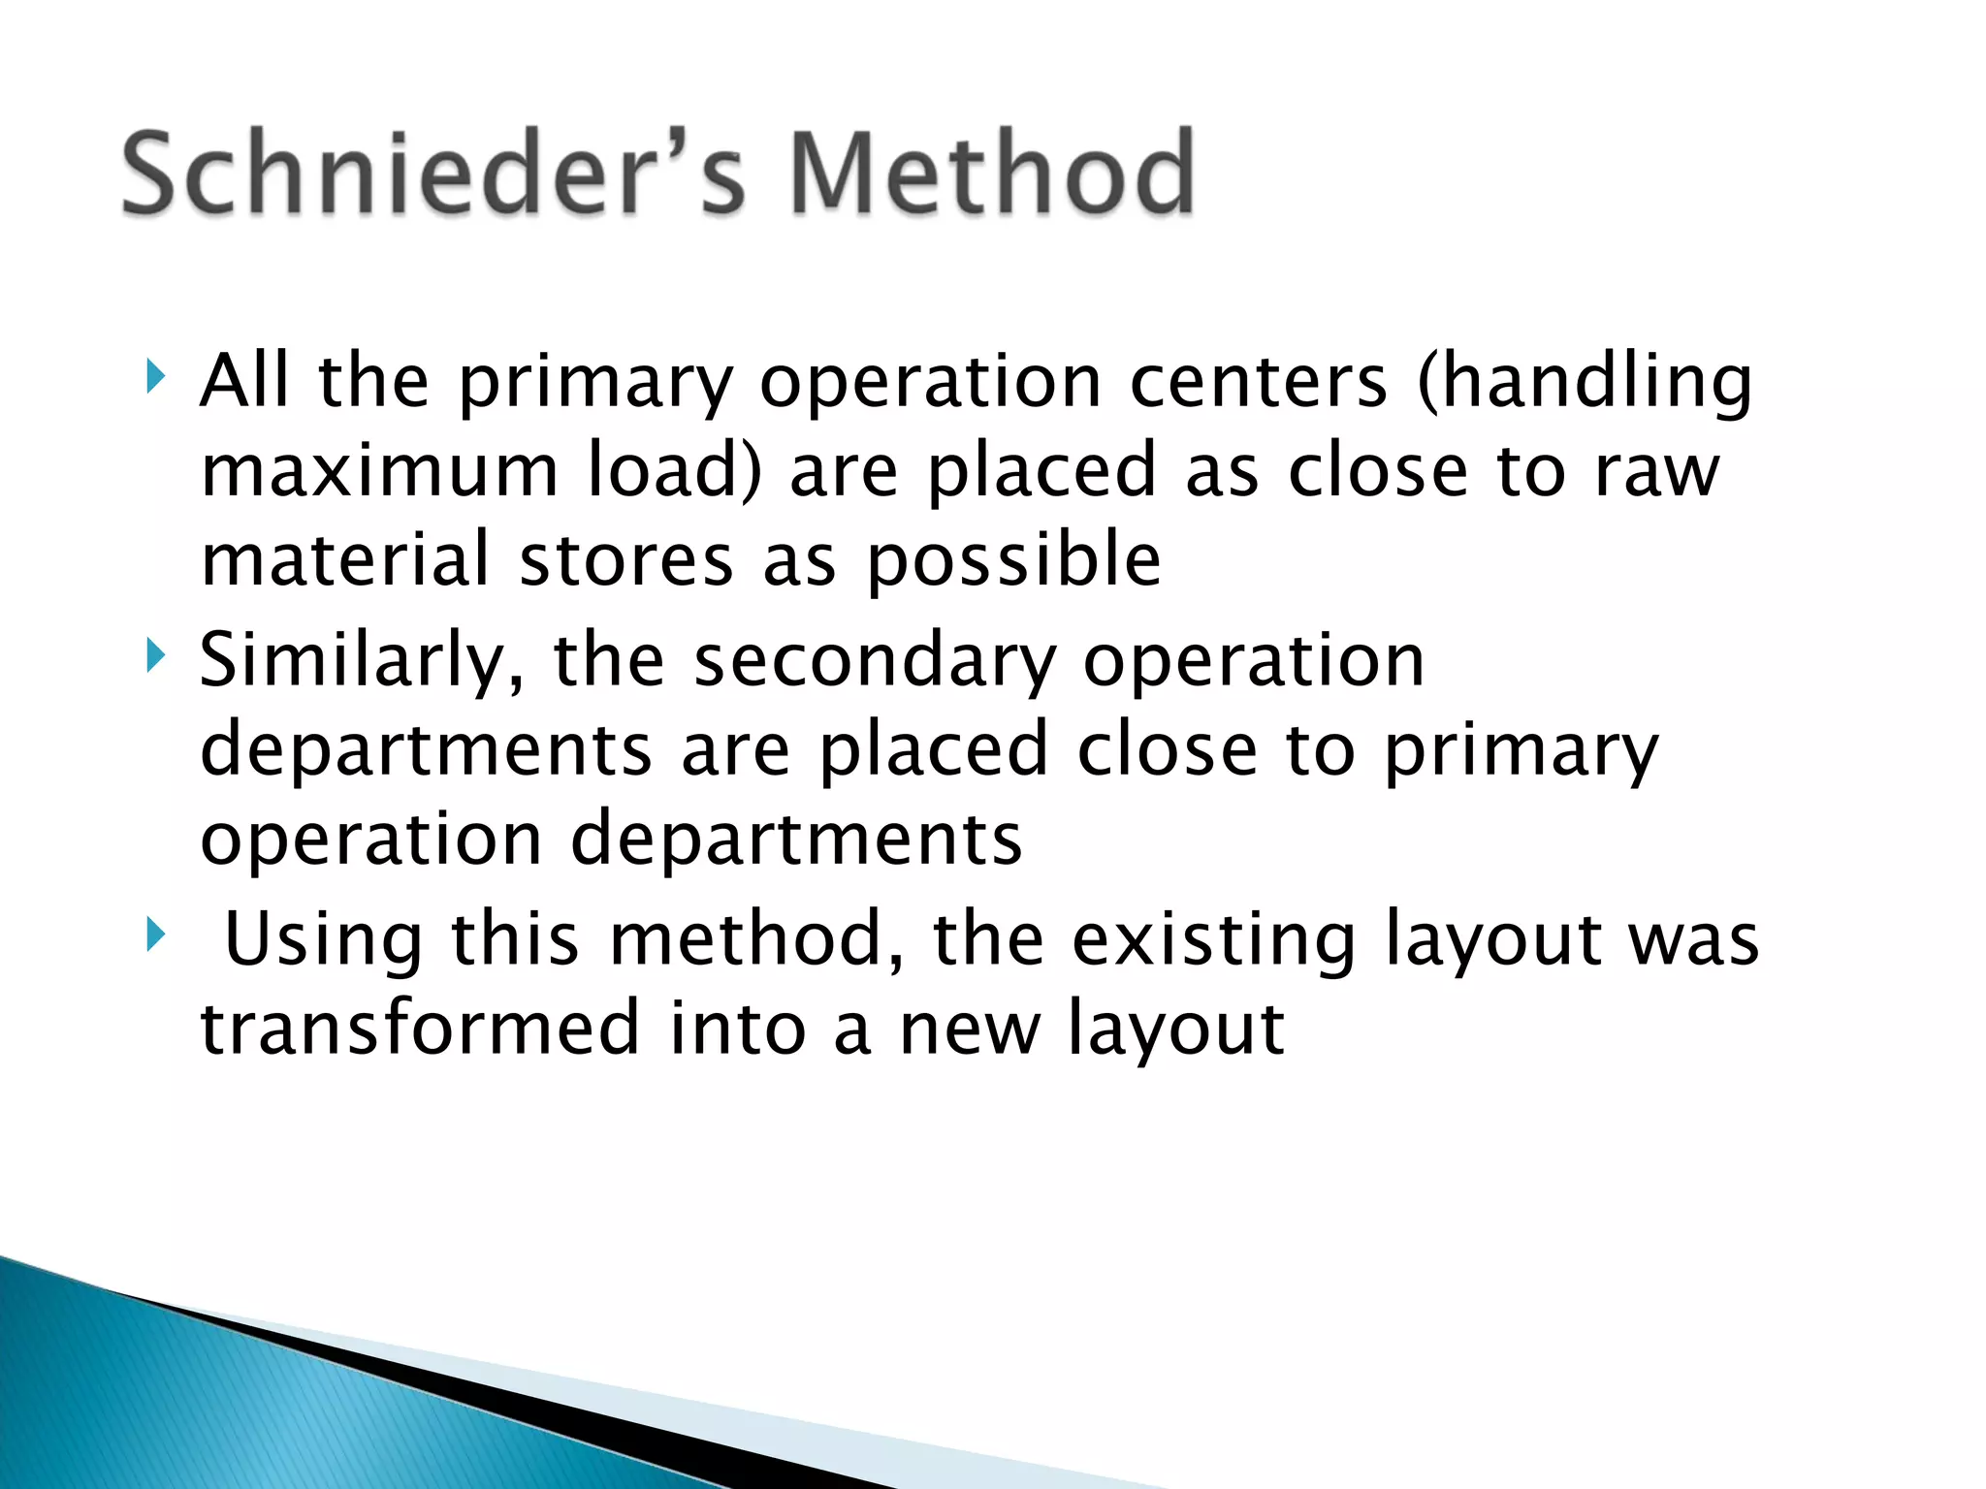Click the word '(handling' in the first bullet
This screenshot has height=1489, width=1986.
coord(1585,381)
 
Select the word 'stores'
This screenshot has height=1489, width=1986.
coord(625,560)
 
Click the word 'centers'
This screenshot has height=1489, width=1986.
coord(1259,381)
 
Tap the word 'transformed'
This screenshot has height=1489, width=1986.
coord(420,1028)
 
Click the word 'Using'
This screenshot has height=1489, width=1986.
coord(324,940)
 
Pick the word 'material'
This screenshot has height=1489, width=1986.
coord(344,560)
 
